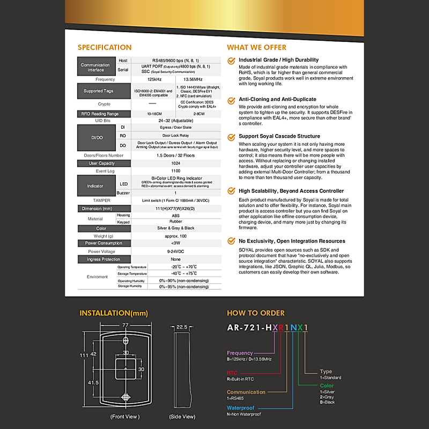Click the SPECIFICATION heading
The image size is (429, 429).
pyautogui.click(x=105, y=47)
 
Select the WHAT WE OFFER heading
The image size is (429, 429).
pyautogui.click(x=256, y=47)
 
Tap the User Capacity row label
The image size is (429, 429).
pyautogui.click(x=98, y=163)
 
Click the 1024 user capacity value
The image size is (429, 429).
pyautogui.click(x=176, y=163)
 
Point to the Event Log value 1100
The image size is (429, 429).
pyautogui.click(x=176, y=171)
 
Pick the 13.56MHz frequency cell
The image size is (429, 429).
pyautogui.click(x=198, y=79)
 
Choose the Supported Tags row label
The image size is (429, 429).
pyautogui.click(x=98, y=91)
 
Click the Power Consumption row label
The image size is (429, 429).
pyautogui.click(x=98, y=243)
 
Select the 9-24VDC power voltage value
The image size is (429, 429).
pyautogui.click(x=176, y=251)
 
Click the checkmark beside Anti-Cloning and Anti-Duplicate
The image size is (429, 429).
pyautogui.click(x=231, y=100)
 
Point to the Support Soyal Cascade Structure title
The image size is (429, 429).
pyautogui.click(x=279, y=136)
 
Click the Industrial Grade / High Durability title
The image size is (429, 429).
pyautogui.click(x=279, y=60)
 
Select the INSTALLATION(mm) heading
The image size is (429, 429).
pyautogui.click(x=114, y=313)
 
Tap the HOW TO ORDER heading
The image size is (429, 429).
pyautogui.click(x=256, y=313)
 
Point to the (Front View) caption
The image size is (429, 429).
pyautogui.click(x=125, y=416)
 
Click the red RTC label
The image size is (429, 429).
pyautogui.click(x=232, y=373)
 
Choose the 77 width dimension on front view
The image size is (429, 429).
pyautogui.click(x=125, y=325)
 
